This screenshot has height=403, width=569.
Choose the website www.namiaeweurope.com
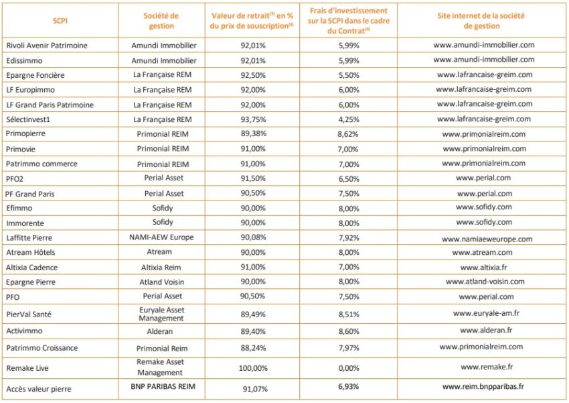pyautogui.click(x=487, y=239)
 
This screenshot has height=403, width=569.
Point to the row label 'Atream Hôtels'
pyautogui.click(x=31, y=252)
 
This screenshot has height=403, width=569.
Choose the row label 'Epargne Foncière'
pyautogui.click(x=35, y=75)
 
